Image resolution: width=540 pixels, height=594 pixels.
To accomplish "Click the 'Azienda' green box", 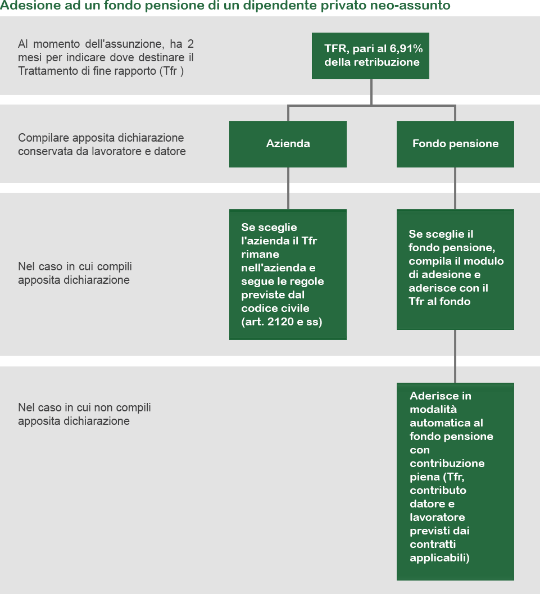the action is [x=288, y=144].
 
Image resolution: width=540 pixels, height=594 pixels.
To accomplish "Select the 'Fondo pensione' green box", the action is [x=455, y=144].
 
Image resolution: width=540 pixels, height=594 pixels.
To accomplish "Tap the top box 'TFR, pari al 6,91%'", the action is [x=370, y=56].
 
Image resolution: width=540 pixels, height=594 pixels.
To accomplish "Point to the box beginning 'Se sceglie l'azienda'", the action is [x=288, y=274].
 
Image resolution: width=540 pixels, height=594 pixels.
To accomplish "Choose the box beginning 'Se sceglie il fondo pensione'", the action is [x=455, y=269].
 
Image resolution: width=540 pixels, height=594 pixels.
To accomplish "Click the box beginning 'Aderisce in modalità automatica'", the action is [x=455, y=482].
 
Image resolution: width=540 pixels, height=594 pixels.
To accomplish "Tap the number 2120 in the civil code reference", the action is [x=280, y=321].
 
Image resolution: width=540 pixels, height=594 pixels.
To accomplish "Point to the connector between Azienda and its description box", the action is [x=288, y=188].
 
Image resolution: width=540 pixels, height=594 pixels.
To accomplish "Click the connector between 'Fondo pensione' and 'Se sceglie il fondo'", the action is [x=455, y=188].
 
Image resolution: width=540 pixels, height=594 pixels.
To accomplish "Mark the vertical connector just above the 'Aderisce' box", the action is [x=455, y=356].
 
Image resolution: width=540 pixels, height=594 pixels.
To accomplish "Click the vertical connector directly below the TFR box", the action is [x=371, y=92].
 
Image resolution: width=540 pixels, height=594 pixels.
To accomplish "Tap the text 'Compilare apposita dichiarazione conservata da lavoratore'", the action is [x=102, y=144].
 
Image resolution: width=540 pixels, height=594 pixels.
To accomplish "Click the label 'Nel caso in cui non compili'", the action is [x=84, y=407].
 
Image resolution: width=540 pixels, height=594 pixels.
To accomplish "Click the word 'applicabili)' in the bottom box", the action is [x=439, y=558].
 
